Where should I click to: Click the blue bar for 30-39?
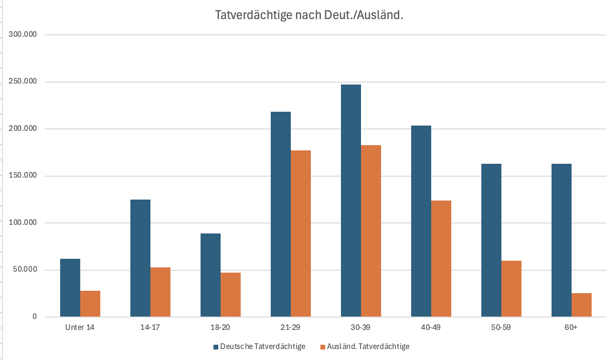[350, 201]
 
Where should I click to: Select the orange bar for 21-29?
[300, 233]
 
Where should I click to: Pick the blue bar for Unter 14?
[70, 287]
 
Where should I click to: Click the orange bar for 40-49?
[441, 258]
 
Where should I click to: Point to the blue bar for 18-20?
[211, 275]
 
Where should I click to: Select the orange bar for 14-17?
[160, 292]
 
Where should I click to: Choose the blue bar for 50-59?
[491, 240]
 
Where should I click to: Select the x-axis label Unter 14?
[80, 328]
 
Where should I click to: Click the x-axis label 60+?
[571, 328]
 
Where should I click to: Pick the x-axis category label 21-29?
[290, 328]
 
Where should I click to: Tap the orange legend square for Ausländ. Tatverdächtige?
[323, 347]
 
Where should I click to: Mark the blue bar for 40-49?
[421, 221]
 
